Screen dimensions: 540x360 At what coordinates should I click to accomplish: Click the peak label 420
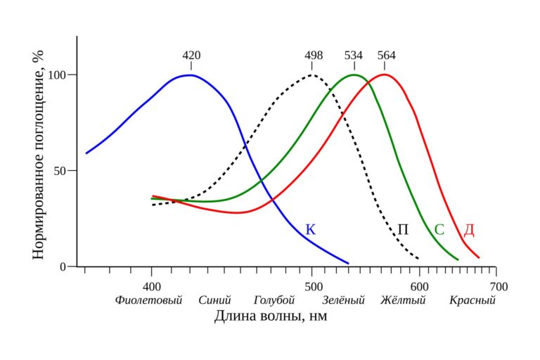pyautogui.click(x=191, y=55)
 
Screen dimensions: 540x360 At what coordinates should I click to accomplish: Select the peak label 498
pyautogui.click(x=314, y=55)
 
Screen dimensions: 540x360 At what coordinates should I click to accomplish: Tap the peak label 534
pyautogui.click(x=354, y=55)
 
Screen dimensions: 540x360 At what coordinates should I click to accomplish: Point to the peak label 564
pyautogui.click(x=387, y=55)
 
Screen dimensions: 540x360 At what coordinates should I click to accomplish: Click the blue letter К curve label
pyautogui.click(x=311, y=229)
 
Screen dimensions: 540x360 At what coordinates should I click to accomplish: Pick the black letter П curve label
pyautogui.click(x=403, y=229)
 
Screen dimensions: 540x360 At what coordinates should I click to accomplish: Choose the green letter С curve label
pyautogui.click(x=439, y=229)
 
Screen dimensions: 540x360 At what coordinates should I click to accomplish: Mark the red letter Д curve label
pyautogui.click(x=469, y=230)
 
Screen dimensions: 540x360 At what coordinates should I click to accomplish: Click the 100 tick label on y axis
pyautogui.click(x=57, y=75)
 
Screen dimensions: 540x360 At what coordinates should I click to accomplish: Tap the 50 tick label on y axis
pyautogui.click(x=60, y=171)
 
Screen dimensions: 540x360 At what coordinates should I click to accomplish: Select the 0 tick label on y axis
pyautogui.click(x=63, y=267)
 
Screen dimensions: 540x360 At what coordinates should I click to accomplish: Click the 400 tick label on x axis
pyautogui.click(x=152, y=287)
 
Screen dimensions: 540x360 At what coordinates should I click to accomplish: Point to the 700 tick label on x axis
pyautogui.click(x=499, y=287)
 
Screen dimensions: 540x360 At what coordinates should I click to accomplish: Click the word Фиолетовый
pyautogui.click(x=148, y=300)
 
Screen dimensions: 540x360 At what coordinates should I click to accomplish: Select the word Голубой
pyautogui.click(x=274, y=300)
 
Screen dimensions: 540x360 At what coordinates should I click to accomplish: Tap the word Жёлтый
pyautogui.click(x=403, y=300)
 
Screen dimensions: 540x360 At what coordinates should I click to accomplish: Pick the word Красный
pyautogui.click(x=472, y=300)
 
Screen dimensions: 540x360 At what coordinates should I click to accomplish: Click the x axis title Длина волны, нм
pyautogui.click(x=271, y=316)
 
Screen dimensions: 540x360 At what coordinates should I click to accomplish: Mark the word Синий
pyautogui.click(x=214, y=300)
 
